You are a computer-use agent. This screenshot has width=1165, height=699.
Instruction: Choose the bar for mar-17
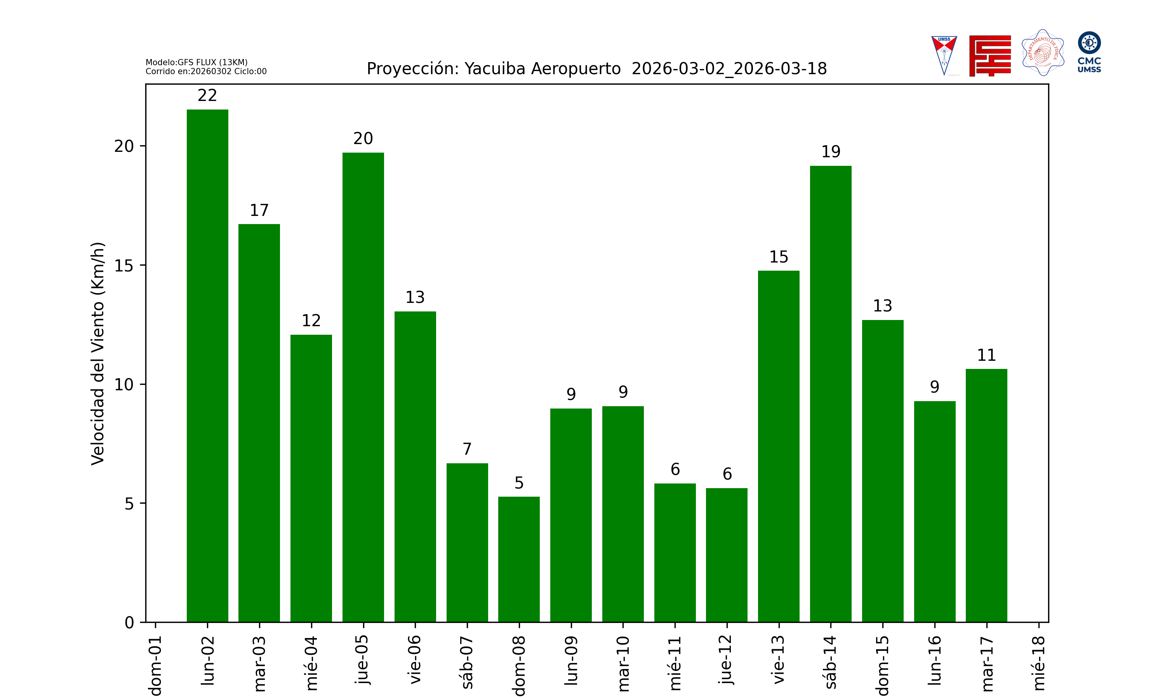pyautogui.click(x=986, y=495)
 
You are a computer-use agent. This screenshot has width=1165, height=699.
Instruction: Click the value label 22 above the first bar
pyautogui.click(x=207, y=96)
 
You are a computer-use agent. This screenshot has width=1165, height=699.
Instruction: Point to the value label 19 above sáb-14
pyautogui.click(x=831, y=152)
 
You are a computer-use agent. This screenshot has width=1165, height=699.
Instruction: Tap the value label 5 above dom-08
pyautogui.click(x=519, y=483)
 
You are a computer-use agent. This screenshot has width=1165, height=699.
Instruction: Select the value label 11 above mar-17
pyautogui.click(x=986, y=355)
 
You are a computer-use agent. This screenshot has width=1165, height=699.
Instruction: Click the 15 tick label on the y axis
pyautogui.click(x=124, y=266)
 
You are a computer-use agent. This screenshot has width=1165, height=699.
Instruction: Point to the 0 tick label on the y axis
pyautogui.click(x=129, y=623)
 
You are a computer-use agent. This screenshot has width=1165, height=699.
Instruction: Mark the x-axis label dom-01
pyautogui.click(x=155, y=665)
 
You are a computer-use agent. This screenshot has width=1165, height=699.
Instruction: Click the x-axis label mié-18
pyautogui.click(x=1039, y=663)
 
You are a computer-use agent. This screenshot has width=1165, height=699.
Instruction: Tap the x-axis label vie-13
pyautogui.click(x=779, y=659)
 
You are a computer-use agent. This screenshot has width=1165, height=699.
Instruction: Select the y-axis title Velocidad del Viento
pyautogui.click(x=97, y=353)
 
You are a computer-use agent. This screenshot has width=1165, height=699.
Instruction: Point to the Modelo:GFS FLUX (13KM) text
pyautogui.click(x=196, y=62)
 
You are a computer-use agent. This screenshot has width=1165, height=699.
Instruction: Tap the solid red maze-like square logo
pyautogui.click(x=990, y=56)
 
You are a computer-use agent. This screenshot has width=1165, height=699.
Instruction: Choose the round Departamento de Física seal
pyautogui.click(x=1043, y=53)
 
